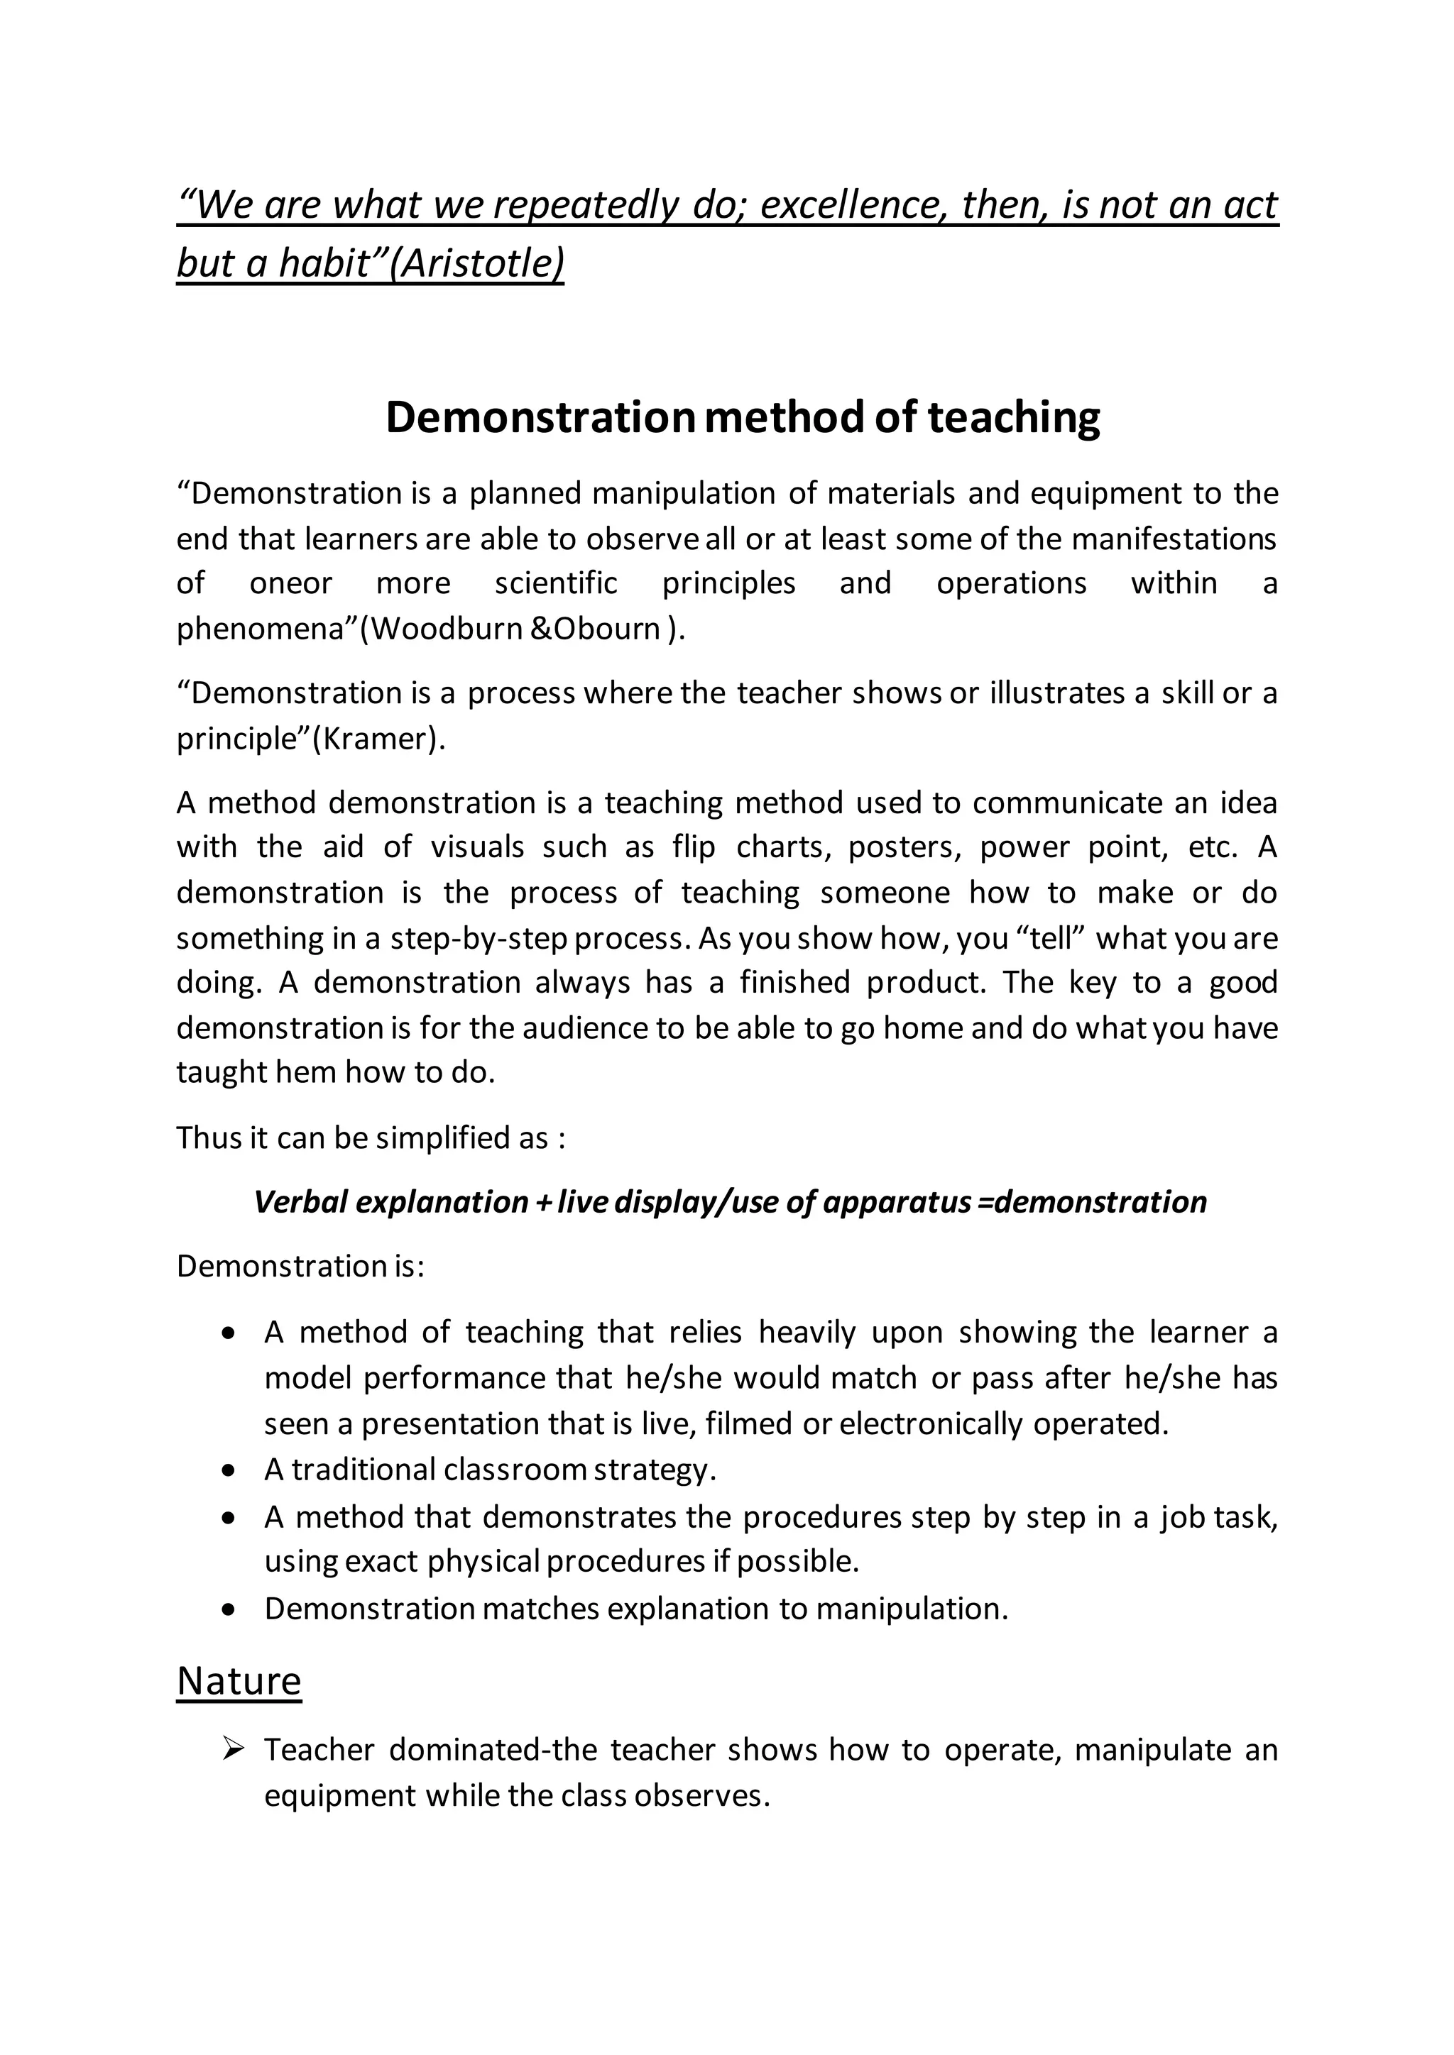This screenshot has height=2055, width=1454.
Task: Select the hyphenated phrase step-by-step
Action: tap(481, 938)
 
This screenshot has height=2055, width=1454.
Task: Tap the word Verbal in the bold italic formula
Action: tap(300, 1201)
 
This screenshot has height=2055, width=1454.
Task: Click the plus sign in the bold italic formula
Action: tap(542, 1202)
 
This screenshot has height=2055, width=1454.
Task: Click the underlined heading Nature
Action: tap(239, 1680)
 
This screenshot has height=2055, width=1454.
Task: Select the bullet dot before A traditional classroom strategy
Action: tap(230, 1470)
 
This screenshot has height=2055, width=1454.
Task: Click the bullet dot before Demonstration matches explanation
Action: tap(230, 1609)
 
